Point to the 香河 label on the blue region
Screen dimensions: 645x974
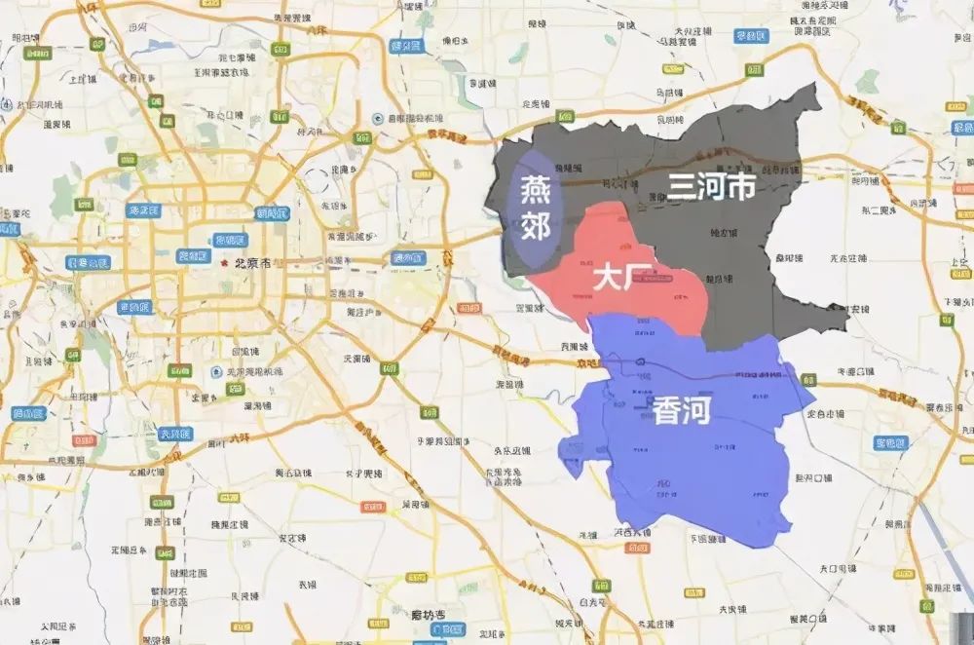coord(681,410)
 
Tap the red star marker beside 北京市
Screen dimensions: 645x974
coord(225,263)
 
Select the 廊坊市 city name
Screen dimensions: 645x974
coord(426,615)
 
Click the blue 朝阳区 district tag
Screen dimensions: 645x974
coord(273,212)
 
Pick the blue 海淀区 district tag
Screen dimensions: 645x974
coord(144,209)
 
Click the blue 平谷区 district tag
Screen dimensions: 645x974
coord(750,37)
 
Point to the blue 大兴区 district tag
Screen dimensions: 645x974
coord(176,434)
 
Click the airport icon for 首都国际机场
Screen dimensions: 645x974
coord(378,119)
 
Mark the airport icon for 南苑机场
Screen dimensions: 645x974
coord(215,371)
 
